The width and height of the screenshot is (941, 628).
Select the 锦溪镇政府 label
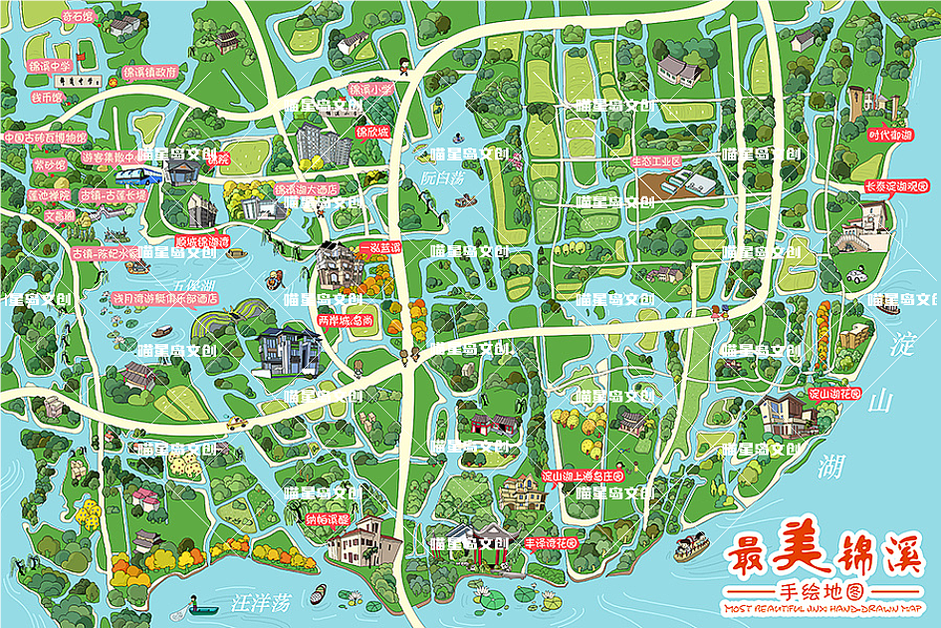pos(150,73)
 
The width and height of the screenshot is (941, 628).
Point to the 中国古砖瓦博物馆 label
pos(44,137)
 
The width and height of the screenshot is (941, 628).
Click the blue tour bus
pos(137,176)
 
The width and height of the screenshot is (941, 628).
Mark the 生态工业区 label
pos(655,160)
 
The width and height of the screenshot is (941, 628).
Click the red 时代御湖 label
pos(889,134)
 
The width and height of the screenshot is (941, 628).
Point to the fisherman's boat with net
pos(202,605)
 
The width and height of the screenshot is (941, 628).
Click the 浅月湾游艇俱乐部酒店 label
pos(164,297)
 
